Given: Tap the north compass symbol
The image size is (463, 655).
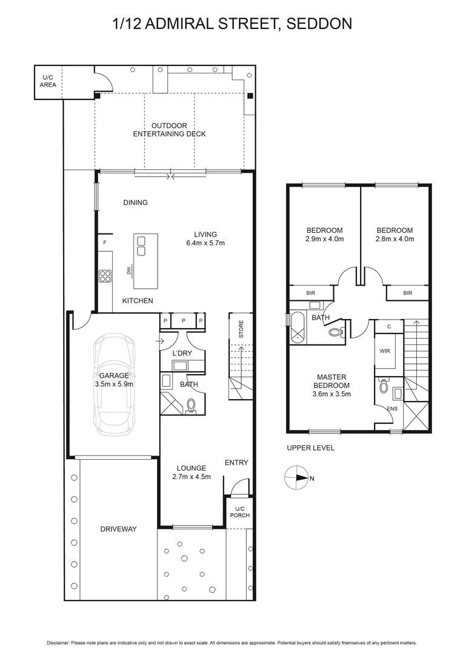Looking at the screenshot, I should click(296, 478).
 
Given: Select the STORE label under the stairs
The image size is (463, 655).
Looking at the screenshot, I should click(241, 330).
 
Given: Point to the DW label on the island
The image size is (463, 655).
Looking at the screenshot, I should click(129, 271).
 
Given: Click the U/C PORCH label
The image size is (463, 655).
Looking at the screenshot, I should click(239, 512).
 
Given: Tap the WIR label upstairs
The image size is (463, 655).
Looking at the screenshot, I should click(385, 351).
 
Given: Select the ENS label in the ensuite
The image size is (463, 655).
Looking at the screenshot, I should click(393, 409).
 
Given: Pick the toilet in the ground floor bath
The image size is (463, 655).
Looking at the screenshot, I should click(192, 404).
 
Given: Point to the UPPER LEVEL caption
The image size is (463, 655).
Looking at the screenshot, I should click(310, 448).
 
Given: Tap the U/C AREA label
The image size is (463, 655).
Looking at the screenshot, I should click(48, 81).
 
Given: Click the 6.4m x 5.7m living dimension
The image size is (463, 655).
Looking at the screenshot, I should click(205, 243).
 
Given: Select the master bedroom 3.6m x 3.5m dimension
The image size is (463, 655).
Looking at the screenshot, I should click(331, 394).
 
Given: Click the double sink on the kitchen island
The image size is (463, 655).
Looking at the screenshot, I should click(141, 246).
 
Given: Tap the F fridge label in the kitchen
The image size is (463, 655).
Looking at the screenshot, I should click(105, 243).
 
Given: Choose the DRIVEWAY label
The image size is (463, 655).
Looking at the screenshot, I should click(118, 529).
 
